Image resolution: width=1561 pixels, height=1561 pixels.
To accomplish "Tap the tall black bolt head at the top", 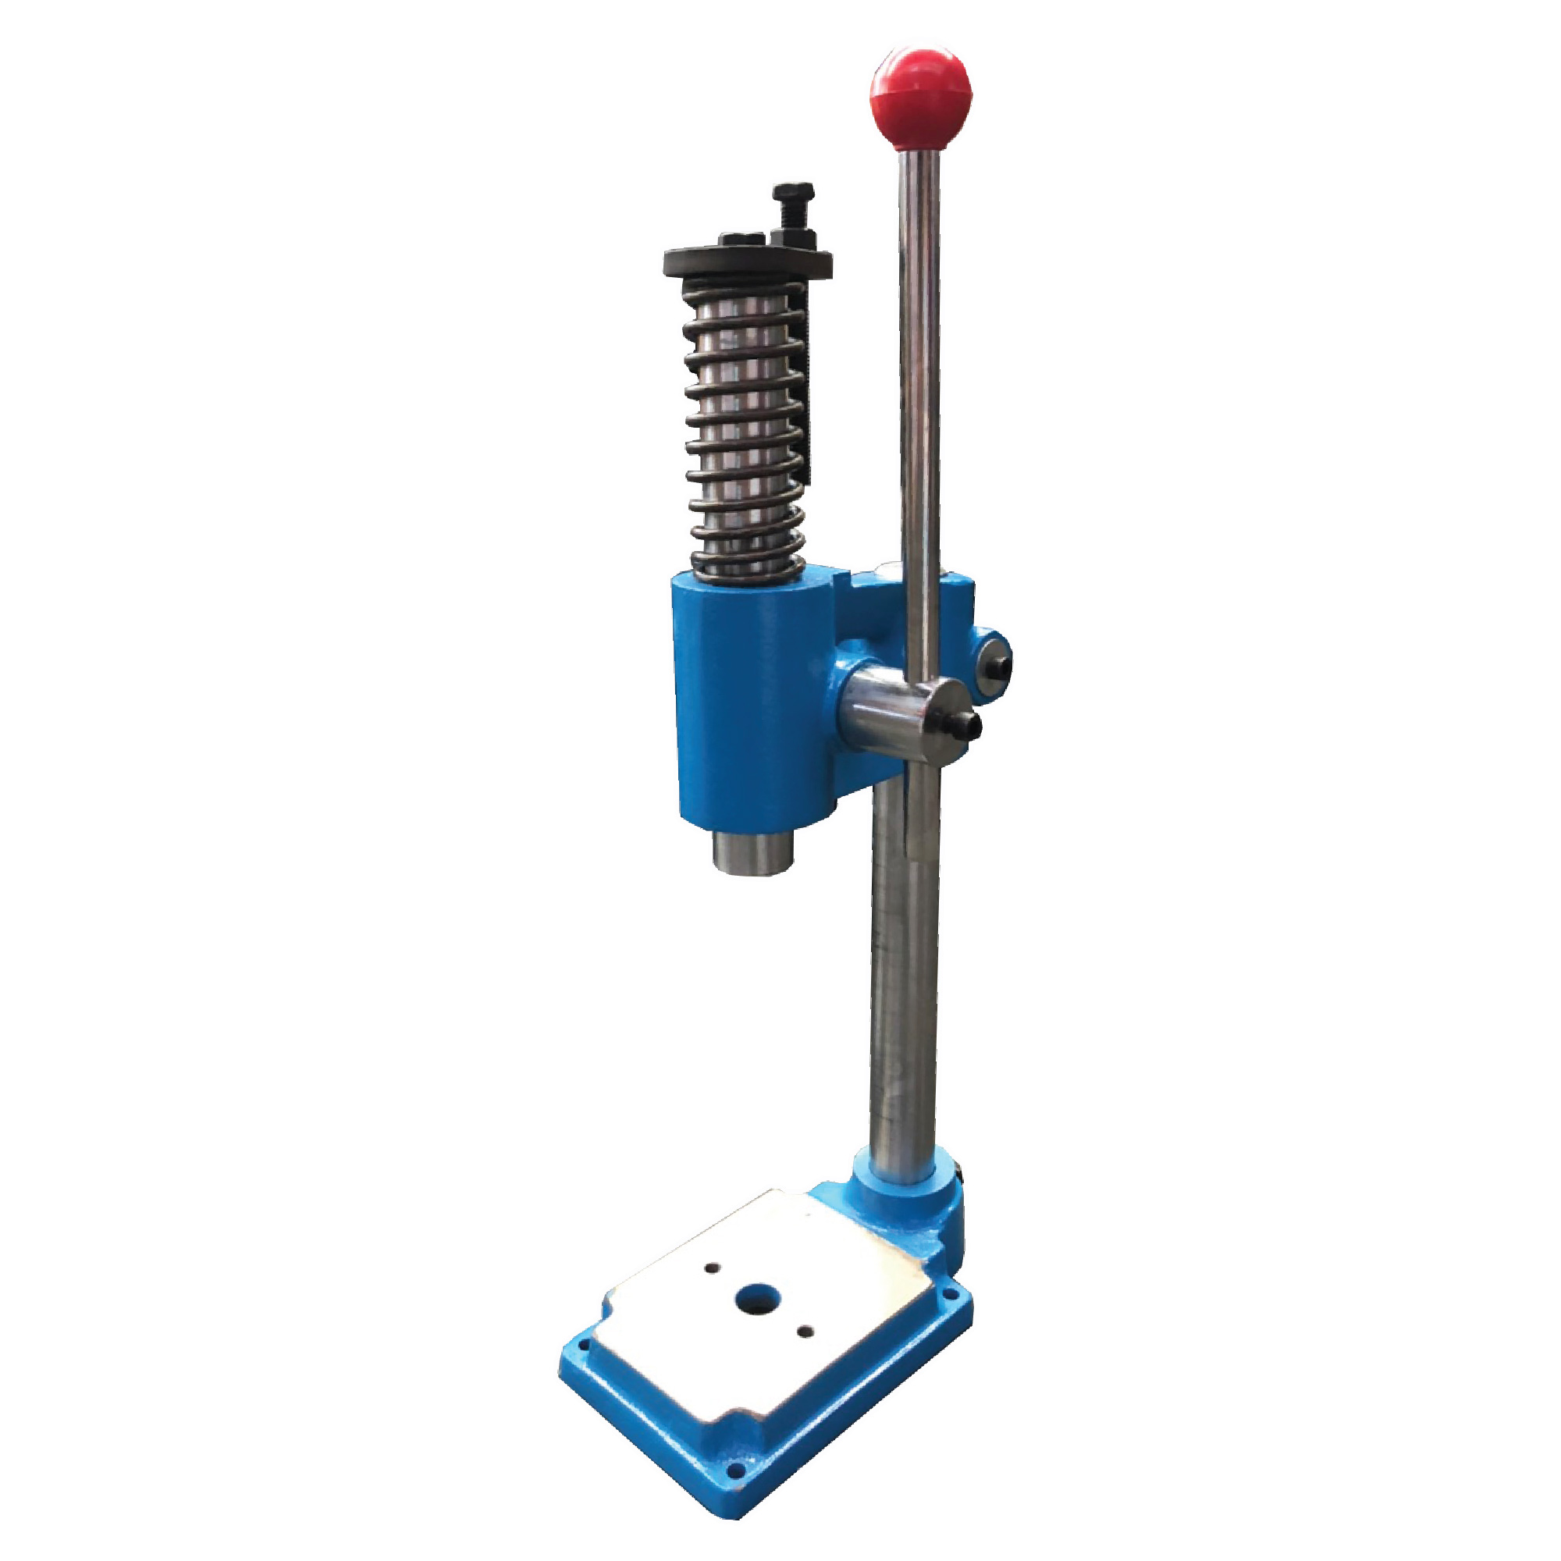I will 791,194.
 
